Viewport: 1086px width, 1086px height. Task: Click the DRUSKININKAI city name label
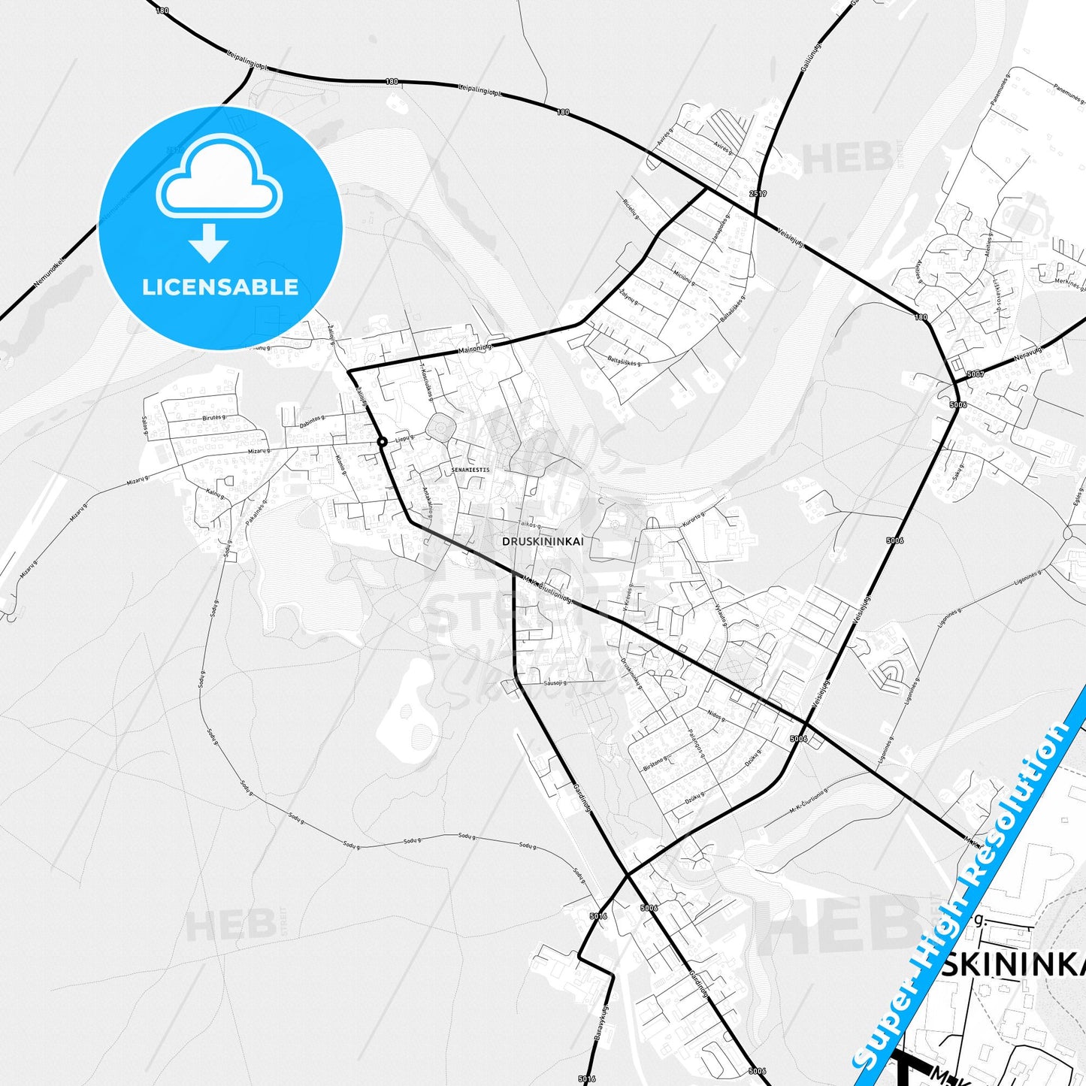pyautogui.click(x=542, y=541)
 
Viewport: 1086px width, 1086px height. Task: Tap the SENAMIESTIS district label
pyautogui.click(x=470, y=470)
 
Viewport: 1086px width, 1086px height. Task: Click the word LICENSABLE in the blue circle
pyautogui.click(x=220, y=287)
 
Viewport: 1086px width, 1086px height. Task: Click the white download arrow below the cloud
pyautogui.click(x=209, y=243)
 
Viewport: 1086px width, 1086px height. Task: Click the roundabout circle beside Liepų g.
pyautogui.click(x=382, y=442)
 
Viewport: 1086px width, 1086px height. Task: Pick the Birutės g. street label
pyautogui.click(x=213, y=416)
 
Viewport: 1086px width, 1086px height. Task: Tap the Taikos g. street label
pyautogui.click(x=529, y=525)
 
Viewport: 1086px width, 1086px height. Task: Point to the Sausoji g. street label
pyautogui.click(x=555, y=683)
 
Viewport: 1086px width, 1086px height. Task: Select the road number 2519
pyautogui.click(x=758, y=194)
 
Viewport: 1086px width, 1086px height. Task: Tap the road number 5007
pyautogui.click(x=975, y=374)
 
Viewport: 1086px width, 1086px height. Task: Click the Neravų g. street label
pyautogui.click(x=1028, y=353)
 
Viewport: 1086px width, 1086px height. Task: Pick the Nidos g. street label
pyautogui.click(x=716, y=713)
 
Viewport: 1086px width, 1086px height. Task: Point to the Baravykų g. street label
pyautogui.click(x=602, y=1024)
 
